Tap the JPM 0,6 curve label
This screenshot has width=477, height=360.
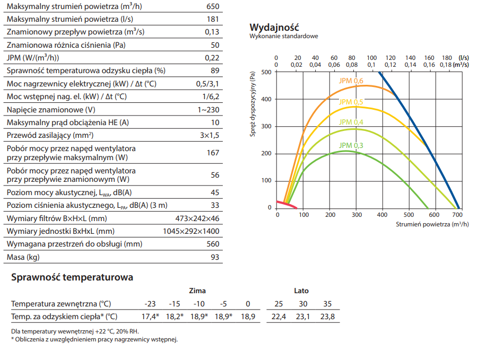click(351, 81)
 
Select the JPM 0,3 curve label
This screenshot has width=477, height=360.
click(351, 145)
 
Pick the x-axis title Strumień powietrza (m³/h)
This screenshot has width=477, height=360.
click(432, 224)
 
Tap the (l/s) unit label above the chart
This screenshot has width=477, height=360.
click(464, 58)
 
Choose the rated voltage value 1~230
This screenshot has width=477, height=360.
click(207, 110)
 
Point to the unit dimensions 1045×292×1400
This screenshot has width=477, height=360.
click(190, 232)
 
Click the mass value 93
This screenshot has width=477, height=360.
click(214, 257)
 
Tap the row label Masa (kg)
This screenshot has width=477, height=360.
click(23, 257)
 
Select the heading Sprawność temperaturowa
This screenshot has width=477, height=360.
click(72, 277)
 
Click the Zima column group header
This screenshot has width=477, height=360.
click(197, 291)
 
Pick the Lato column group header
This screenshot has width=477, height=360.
click(301, 291)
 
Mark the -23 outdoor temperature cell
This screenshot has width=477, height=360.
click(150, 304)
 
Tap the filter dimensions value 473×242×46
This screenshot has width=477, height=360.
click(197, 218)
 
